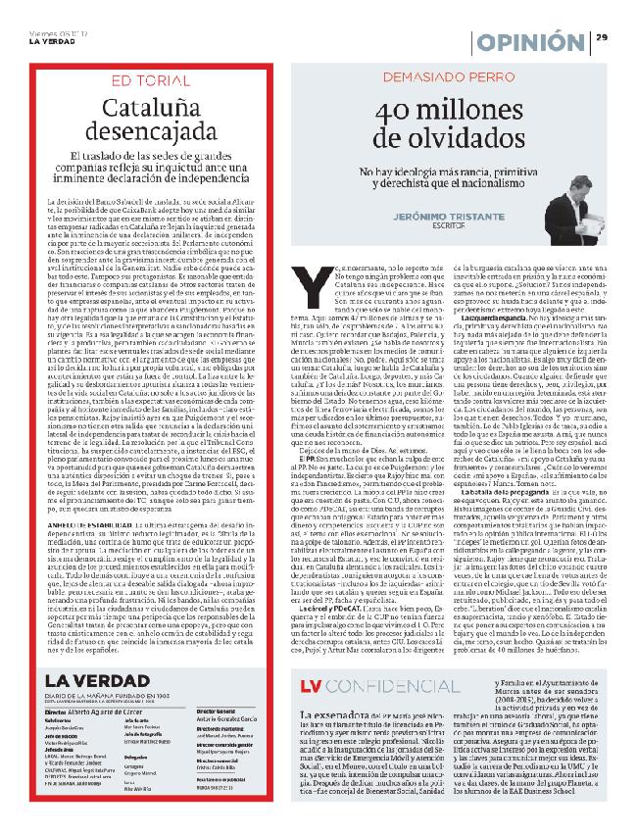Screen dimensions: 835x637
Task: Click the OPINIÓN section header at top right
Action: click(x=531, y=41)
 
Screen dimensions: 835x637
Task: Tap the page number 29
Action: click(x=603, y=37)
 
